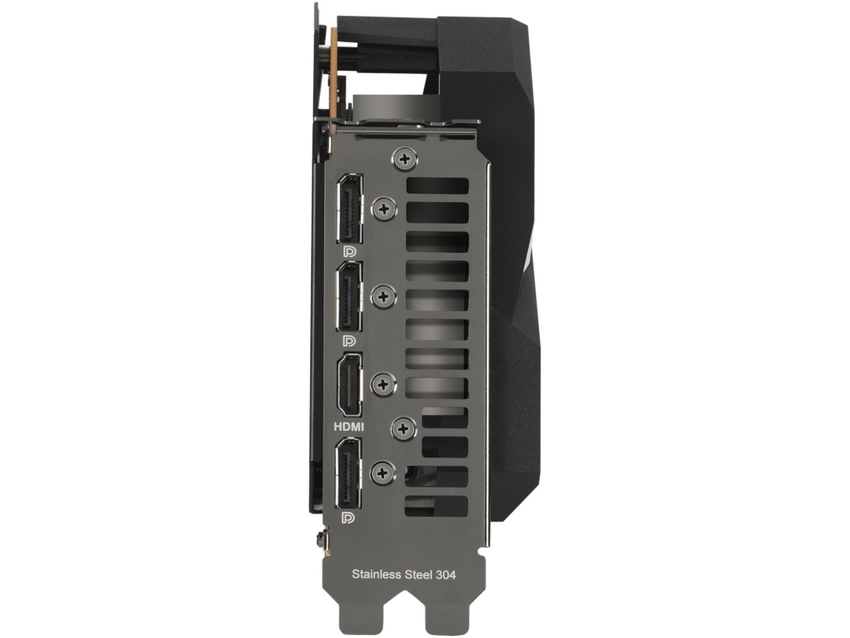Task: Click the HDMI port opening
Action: [x=350, y=385]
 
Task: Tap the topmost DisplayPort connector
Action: [x=350, y=209]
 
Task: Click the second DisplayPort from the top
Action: [x=350, y=297]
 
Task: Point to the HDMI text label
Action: [x=348, y=427]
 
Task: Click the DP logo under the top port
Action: [x=350, y=252]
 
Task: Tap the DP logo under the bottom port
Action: [x=348, y=518]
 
